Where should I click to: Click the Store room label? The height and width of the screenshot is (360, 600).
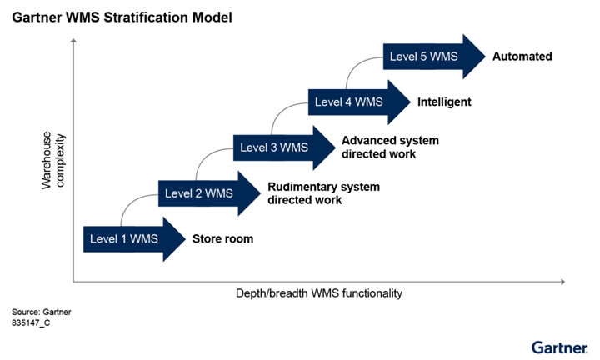click(222, 239)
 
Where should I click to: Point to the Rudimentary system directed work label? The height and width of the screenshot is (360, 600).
click(323, 193)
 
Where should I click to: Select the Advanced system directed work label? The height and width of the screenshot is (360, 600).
click(390, 147)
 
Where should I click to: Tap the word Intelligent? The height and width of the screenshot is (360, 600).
click(444, 102)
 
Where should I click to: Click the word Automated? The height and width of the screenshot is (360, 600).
click(522, 57)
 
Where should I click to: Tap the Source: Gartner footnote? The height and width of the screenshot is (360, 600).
click(42, 312)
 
